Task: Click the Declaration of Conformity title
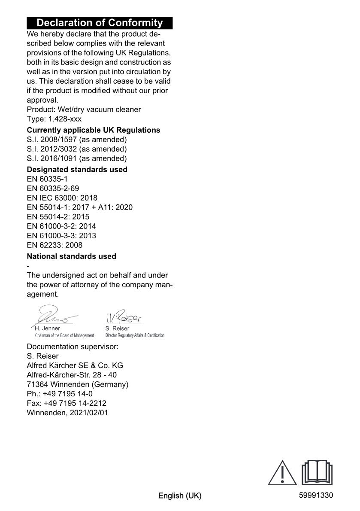100,23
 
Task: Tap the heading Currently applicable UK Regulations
94,130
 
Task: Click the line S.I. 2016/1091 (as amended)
77,158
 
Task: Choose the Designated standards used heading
77,170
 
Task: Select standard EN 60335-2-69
53,189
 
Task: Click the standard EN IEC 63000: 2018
62,198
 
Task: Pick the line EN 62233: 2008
55,245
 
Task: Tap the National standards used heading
72,256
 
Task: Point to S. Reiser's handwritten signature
124,316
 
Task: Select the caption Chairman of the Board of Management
64,335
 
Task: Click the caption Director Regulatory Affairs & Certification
135,335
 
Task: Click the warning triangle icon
282,473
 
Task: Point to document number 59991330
316,495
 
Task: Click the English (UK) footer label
180,496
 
